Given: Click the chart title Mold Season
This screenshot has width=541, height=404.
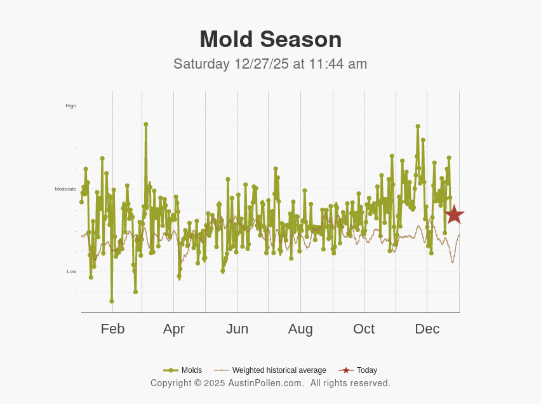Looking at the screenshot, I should pyautogui.click(x=270, y=39).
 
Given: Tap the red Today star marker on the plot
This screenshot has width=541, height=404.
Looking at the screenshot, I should pyautogui.click(x=453, y=215).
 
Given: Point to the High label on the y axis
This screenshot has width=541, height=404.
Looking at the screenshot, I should pyautogui.click(x=70, y=105).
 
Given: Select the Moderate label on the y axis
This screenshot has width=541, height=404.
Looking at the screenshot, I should pyautogui.click(x=65, y=189).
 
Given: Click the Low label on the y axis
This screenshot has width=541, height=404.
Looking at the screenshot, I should pyautogui.click(x=71, y=271).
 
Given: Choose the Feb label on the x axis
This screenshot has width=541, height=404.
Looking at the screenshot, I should pyautogui.click(x=112, y=329).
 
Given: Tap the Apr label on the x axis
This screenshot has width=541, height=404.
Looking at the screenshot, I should pyautogui.click(x=173, y=329).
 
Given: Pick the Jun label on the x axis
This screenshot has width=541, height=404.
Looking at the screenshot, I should pyautogui.click(x=237, y=329).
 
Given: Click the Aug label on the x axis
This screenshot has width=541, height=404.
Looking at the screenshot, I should pyautogui.click(x=300, y=329).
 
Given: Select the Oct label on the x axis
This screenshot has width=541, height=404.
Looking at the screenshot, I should pyautogui.click(x=364, y=329).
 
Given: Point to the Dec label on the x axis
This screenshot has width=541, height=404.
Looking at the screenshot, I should pyautogui.click(x=427, y=329).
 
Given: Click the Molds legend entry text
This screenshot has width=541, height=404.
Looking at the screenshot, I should pyautogui.click(x=192, y=370).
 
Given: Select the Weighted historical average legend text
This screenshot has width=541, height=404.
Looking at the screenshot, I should pyautogui.click(x=279, y=370).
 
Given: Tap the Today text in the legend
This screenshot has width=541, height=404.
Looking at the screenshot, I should pyautogui.click(x=366, y=370).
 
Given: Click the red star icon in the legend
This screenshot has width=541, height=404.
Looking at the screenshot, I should pyautogui.click(x=345, y=370).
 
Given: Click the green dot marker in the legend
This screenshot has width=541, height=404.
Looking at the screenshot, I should pyautogui.click(x=170, y=370).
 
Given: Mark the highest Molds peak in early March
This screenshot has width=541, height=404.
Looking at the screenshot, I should pyautogui.click(x=145, y=125).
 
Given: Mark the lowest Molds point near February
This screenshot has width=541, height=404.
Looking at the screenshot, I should pyautogui.click(x=112, y=301).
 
